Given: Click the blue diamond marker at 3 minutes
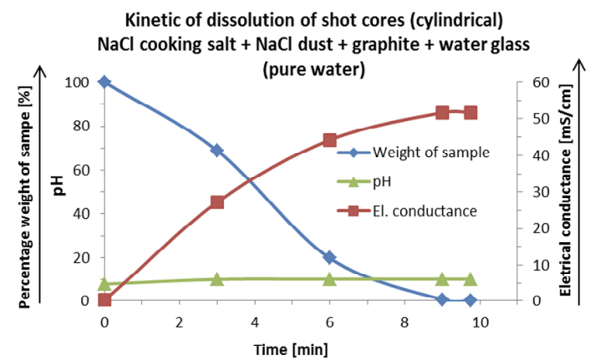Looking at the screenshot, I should click(216, 150).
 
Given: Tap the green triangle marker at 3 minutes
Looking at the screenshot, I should click(216, 279).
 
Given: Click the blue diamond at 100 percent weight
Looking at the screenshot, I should click(104, 82).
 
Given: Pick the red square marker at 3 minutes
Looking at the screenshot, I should click(216, 202).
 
